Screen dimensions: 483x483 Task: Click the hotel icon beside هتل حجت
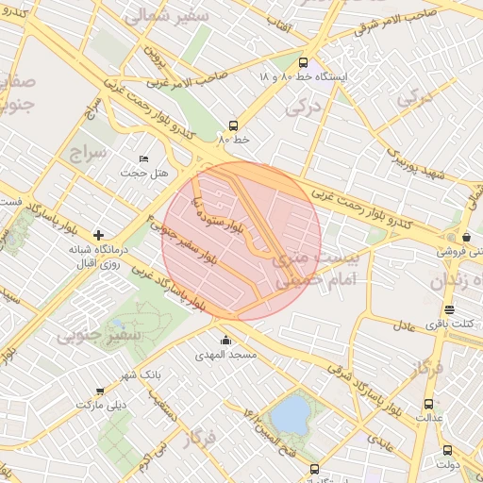pyautogui.click(x=143, y=158)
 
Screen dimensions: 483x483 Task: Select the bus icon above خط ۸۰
pyautogui.click(x=233, y=125)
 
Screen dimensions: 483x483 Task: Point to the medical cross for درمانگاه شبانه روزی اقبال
pyautogui.click(x=98, y=234)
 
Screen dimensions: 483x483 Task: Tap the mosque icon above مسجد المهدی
pyautogui.click(x=225, y=341)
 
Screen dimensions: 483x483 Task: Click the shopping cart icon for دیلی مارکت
pyautogui.click(x=101, y=390)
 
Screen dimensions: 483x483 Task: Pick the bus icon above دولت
pyautogui.click(x=447, y=450)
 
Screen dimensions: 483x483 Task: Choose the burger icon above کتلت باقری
pyautogui.click(x=449, y=309)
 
